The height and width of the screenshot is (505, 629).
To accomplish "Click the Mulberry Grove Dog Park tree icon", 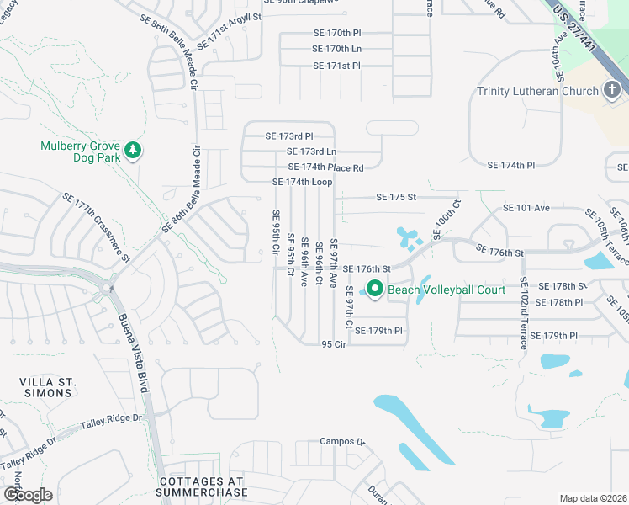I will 132,151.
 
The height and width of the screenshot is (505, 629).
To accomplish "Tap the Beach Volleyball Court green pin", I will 375,290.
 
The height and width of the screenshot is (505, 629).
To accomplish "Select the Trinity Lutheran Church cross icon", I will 613,90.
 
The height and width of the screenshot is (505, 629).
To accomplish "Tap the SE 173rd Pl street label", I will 289,136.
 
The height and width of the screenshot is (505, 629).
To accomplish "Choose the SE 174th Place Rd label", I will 325,168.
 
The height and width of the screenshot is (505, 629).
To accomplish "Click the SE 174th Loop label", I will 302,183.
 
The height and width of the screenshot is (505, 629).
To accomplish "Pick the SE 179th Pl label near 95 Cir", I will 379,331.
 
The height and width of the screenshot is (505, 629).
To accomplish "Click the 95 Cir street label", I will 334,344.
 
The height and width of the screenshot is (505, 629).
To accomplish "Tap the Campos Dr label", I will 341,441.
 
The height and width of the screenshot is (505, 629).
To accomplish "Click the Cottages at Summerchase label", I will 203,486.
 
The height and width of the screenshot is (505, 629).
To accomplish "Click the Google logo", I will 27,495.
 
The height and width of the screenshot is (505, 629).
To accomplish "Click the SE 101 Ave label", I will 526,208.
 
